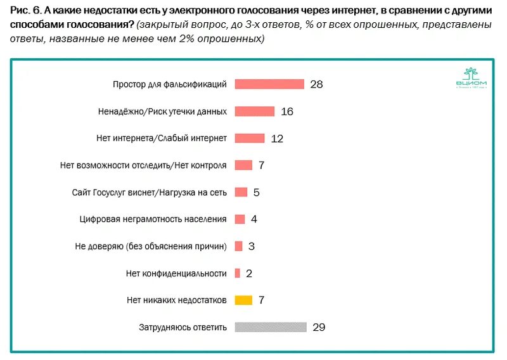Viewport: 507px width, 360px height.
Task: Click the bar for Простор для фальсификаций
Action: [269, 84]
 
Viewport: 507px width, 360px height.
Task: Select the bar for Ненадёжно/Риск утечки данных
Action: [254, 112]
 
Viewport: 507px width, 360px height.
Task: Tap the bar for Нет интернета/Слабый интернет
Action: [249, 138]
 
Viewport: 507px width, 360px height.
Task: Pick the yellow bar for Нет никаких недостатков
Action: [243, 300]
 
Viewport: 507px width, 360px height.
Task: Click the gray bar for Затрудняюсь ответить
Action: [271, 327]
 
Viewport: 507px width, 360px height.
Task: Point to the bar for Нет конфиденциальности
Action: [237, 273]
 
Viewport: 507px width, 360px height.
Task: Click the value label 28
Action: [317, 84]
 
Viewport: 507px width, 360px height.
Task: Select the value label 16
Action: [286, 112]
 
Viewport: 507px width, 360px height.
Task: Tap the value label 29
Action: [319, 327]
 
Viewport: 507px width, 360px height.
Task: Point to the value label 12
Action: [277, 138]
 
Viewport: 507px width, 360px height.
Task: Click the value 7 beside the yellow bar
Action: [260, 300]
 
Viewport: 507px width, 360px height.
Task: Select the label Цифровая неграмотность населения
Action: [153, 219]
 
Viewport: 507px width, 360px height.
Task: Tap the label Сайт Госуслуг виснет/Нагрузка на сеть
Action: [150, 192]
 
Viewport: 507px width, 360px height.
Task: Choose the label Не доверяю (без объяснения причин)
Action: [150, 246]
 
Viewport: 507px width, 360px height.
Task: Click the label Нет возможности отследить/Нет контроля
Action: [143, 165]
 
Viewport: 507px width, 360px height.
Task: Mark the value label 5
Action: [256, 192]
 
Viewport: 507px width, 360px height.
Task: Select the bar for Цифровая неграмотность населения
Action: [240, 219]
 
